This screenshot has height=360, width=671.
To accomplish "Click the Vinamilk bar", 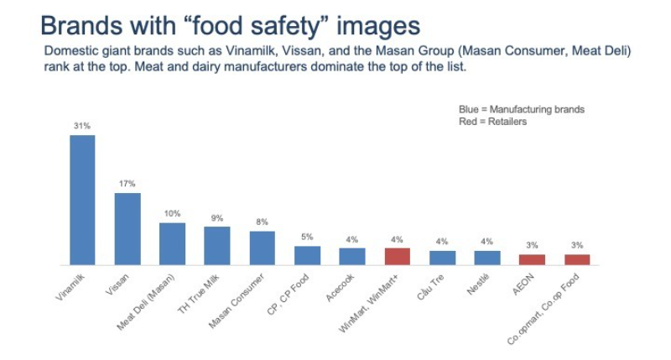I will pos(82,200).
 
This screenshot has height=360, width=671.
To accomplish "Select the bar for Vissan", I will pos(127,228).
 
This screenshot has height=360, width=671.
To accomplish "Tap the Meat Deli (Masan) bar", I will pos(173,243).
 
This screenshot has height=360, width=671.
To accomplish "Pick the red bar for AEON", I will pos(532,259).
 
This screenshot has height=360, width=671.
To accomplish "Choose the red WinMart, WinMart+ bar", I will pos(398,256).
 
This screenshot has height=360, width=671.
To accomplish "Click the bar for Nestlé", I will pos(487,258).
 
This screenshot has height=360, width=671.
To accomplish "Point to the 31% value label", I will pos(82,126).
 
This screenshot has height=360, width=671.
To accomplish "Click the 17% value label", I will pos(127,184).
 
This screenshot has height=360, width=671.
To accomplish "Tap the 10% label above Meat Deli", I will pos(173,213).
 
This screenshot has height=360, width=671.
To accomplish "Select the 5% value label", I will pos(307,237).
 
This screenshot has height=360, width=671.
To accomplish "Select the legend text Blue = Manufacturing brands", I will pos(521,110).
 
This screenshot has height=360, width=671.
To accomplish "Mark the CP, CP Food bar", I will pos(307,255).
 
